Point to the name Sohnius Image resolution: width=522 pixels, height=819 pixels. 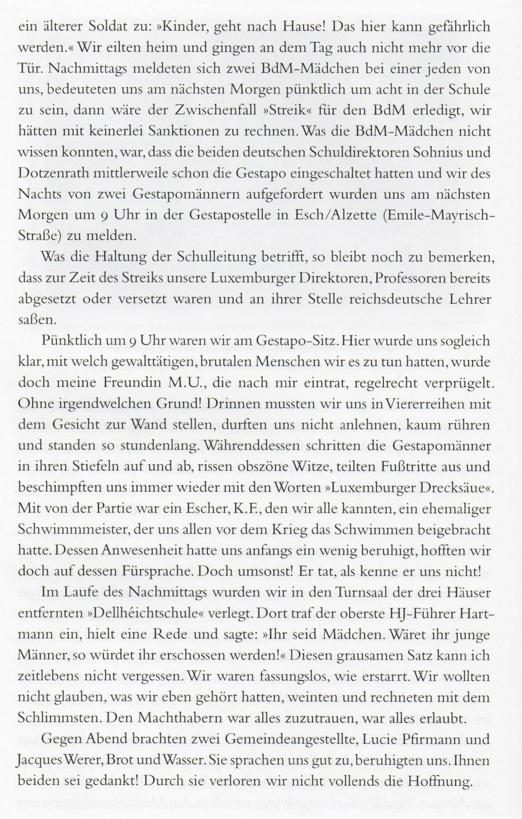tap(449, 152)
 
